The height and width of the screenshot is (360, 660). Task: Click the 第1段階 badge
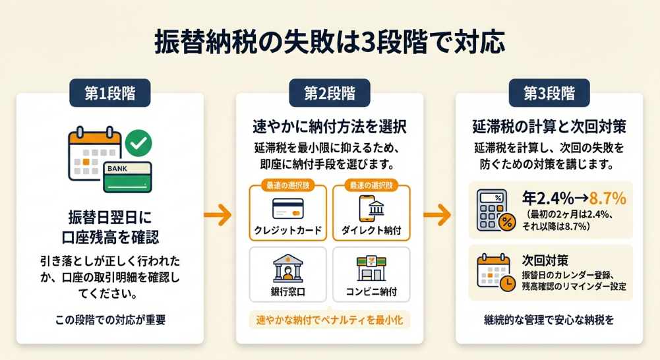click(109, 93)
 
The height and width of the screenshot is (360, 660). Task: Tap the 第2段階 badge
click(330, 93)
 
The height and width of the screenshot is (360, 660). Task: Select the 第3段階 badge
click(549, 93)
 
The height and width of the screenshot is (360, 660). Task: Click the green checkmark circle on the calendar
click(138, 141)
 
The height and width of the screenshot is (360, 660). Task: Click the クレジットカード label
click(288, 231)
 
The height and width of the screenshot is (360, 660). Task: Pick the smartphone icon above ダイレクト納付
click(371, 208)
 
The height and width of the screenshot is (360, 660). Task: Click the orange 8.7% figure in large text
click(608, 198)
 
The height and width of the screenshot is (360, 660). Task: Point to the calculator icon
click(495, 210)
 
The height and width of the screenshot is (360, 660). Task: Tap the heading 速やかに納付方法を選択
click(330, 125)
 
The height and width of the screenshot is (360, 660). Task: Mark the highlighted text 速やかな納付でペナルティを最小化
click(330, 320)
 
